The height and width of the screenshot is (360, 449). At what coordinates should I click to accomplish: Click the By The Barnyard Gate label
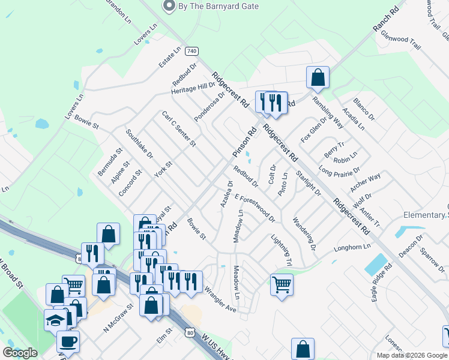[x=218, y=6]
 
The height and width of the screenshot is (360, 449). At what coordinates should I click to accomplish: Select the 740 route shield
[x=191, y=51]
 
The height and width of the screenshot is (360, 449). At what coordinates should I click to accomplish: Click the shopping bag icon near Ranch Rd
[x=318, y=77]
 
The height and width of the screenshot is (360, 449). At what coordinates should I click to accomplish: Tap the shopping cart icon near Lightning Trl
[x=282, y=284]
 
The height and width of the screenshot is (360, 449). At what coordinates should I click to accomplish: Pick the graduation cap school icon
[x=56, y=320]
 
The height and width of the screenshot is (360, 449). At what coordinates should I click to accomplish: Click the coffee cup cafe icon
[x=68, y=341]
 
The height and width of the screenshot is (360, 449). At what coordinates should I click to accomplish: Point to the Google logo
[x=20, y=353]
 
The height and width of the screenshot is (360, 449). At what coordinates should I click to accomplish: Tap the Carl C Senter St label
[x=179, y=128]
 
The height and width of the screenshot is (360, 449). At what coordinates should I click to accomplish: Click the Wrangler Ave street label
[x=220, y=298]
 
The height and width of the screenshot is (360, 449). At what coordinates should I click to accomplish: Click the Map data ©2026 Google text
[x=411, y=355]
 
